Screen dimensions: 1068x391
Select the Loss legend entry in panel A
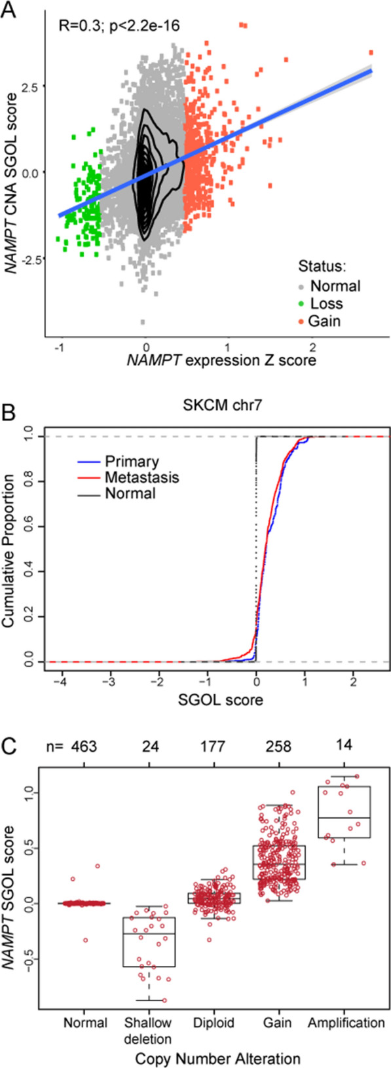pos(326,303)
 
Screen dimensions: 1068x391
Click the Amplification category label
pos(346,1023)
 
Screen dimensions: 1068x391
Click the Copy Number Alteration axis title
pos(216,1058)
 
